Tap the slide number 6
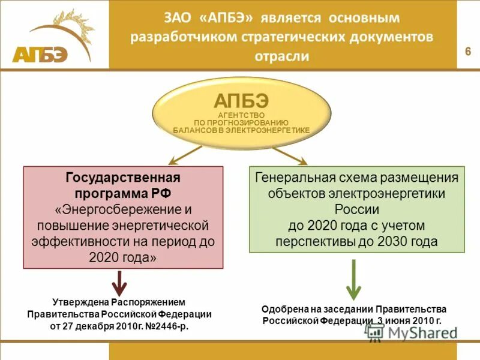(467, 51)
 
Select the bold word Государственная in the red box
(122, 178)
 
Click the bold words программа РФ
(122, 194)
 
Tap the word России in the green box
(356, 210)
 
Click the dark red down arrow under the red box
(121, 283)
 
